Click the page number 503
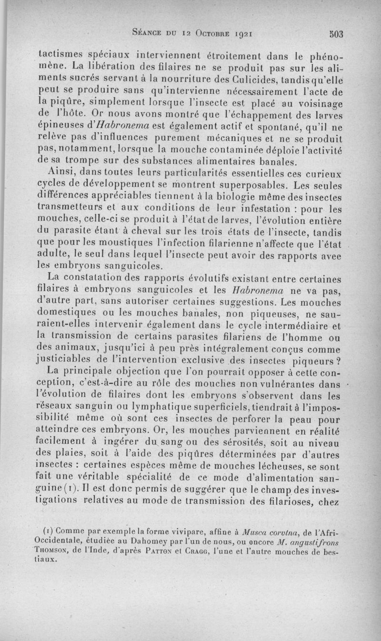click(x=336, y=34)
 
